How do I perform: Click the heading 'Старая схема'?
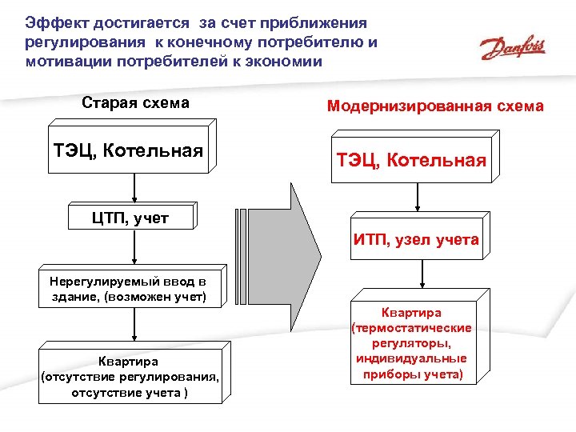click(x=135, y=103)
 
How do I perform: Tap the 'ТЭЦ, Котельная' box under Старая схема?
click(x=128, y=150)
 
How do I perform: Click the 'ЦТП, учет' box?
click(x=130, y=218)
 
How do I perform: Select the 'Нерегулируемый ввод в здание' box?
click(x=127, y=290)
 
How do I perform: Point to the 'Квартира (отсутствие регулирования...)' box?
click(x=130, y=377)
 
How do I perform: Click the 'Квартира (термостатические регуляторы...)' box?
click(x=411, y=343)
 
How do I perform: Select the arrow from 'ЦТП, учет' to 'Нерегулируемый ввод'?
click(x=134, y=250)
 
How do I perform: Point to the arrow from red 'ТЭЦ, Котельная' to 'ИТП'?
click(x=417, y=199)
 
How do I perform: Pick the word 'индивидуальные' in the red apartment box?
click(x=411, y=358)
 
